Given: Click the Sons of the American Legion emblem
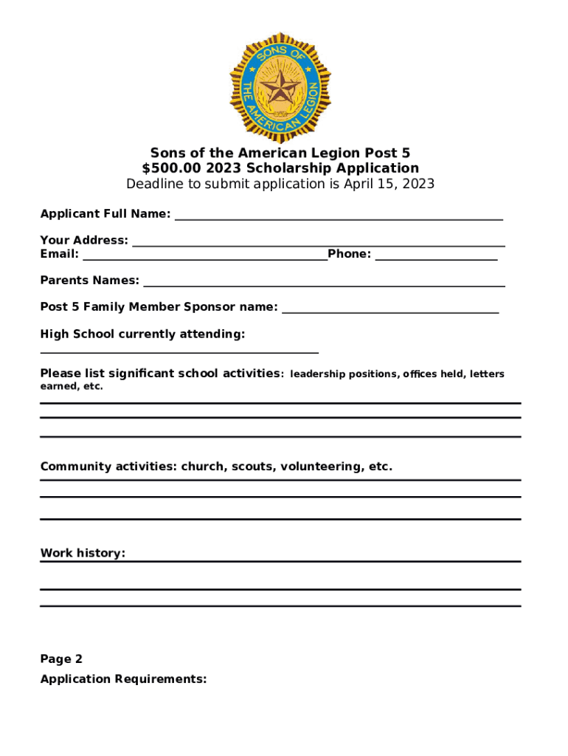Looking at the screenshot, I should [x=280, y=87].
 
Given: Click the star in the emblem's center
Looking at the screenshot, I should [x=280, y=90].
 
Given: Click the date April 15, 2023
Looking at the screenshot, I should [x=389, y=184].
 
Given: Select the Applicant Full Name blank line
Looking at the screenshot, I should [x=339, y=219].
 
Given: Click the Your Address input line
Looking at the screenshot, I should [x=318, y=244].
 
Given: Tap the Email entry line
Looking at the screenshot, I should [x=204, y=258].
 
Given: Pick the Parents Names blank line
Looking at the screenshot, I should [x=324, y=285].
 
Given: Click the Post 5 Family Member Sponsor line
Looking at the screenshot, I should [x=390, y=312].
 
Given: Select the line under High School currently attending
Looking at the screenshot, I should [x=179, y=353].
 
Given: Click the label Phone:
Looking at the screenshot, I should [x=350, y=254].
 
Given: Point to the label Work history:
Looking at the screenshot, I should [x=83, y=553].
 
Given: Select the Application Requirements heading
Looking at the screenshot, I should [x=123, y=679].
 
